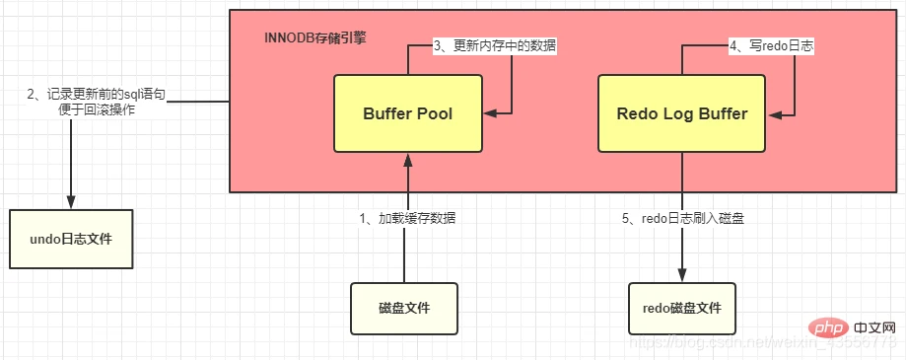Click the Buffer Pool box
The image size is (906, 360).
pos(407,113)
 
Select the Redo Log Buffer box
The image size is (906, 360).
pos(681,113)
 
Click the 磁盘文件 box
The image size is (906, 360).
pos(404,309)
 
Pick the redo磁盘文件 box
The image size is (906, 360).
pos(681,309)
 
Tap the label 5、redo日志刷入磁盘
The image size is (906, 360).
pos(681,218)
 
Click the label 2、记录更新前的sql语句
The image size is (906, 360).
pos(97,95)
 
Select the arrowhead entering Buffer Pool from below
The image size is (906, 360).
pos(404,159)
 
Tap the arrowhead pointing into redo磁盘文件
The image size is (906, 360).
pos(681,275)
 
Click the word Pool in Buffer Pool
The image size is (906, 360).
pos(434,113)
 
